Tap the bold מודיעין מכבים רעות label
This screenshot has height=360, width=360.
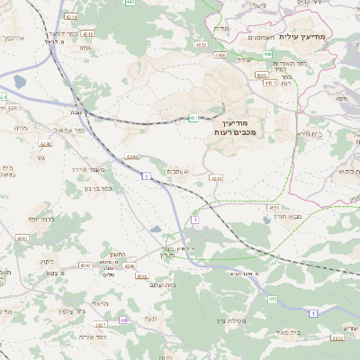coord(237,127)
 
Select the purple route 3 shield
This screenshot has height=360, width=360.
coord(194,219)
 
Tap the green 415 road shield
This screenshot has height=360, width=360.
coord(273,298)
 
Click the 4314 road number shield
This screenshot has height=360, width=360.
coord(72,16)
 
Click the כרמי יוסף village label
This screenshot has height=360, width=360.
coord(41,219)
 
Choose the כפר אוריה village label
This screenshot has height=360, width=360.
coord(93,337)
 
